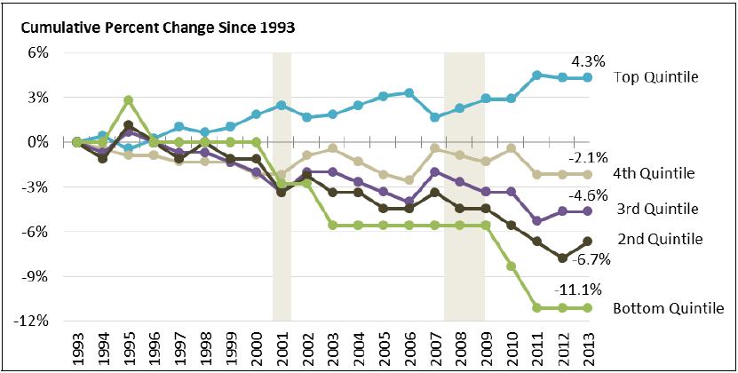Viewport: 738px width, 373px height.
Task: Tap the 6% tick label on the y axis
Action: coord(36,52)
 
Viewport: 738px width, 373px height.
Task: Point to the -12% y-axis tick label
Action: coord(32,321)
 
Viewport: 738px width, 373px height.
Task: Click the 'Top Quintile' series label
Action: coord(656,77)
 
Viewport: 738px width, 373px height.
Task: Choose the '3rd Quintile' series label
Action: coord(656,209)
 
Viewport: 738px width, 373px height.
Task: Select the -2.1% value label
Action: coord(587,157)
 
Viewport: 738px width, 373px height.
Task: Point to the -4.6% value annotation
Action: coord(587,193)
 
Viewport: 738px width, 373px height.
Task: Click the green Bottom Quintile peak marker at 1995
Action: coord(129,100)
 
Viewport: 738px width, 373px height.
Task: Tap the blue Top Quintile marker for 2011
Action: coord(536,75)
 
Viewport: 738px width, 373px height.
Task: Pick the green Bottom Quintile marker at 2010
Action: coord(511,266)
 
